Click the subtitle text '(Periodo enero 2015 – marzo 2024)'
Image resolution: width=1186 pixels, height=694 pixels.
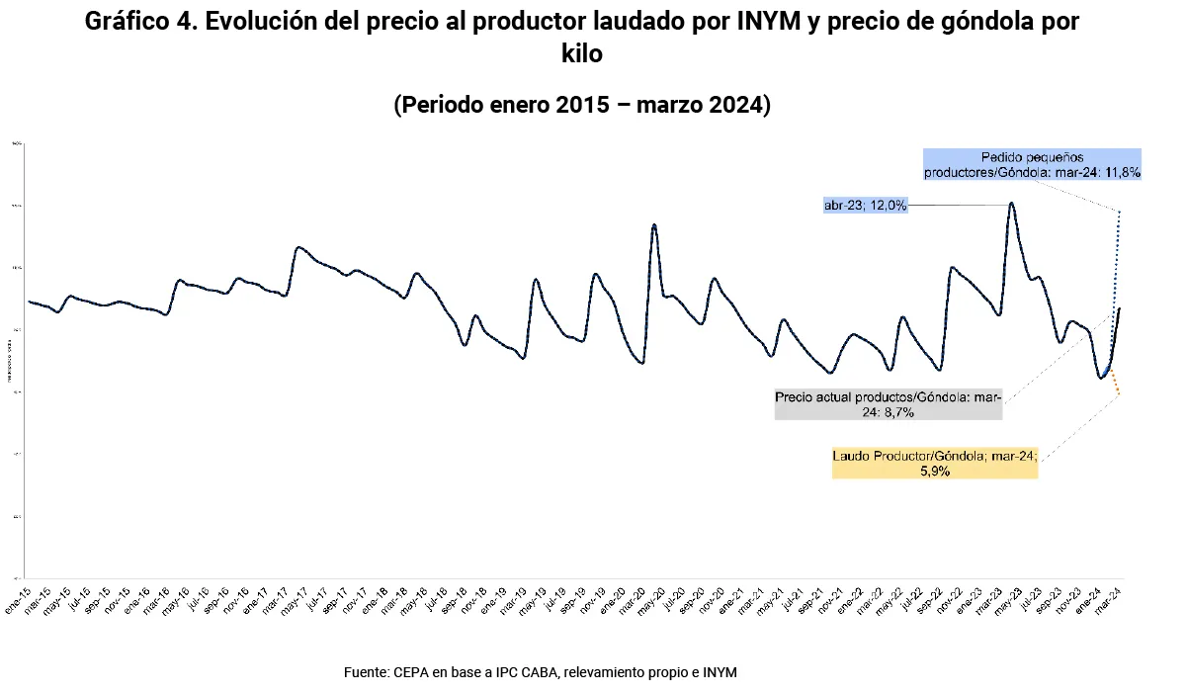tap(582, 105)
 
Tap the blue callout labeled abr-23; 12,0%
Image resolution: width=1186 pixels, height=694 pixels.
tap(865, 206)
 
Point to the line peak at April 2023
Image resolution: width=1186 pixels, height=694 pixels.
tap(1011, 205)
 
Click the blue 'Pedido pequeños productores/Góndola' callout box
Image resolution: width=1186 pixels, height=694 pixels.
tap(1032, 164)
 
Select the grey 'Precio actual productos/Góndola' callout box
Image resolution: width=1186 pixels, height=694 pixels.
tap(888, 403)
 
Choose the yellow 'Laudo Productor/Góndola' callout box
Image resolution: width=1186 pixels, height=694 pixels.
tap(935, 464)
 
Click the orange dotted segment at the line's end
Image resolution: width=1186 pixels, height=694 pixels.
tap(1115, 384)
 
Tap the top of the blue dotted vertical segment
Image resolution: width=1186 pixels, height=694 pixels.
tap(1119, 212)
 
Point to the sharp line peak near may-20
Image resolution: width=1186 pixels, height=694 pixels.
tap(654, 225)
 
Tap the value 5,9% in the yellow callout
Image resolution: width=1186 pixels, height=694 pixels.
tap(935, 472)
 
